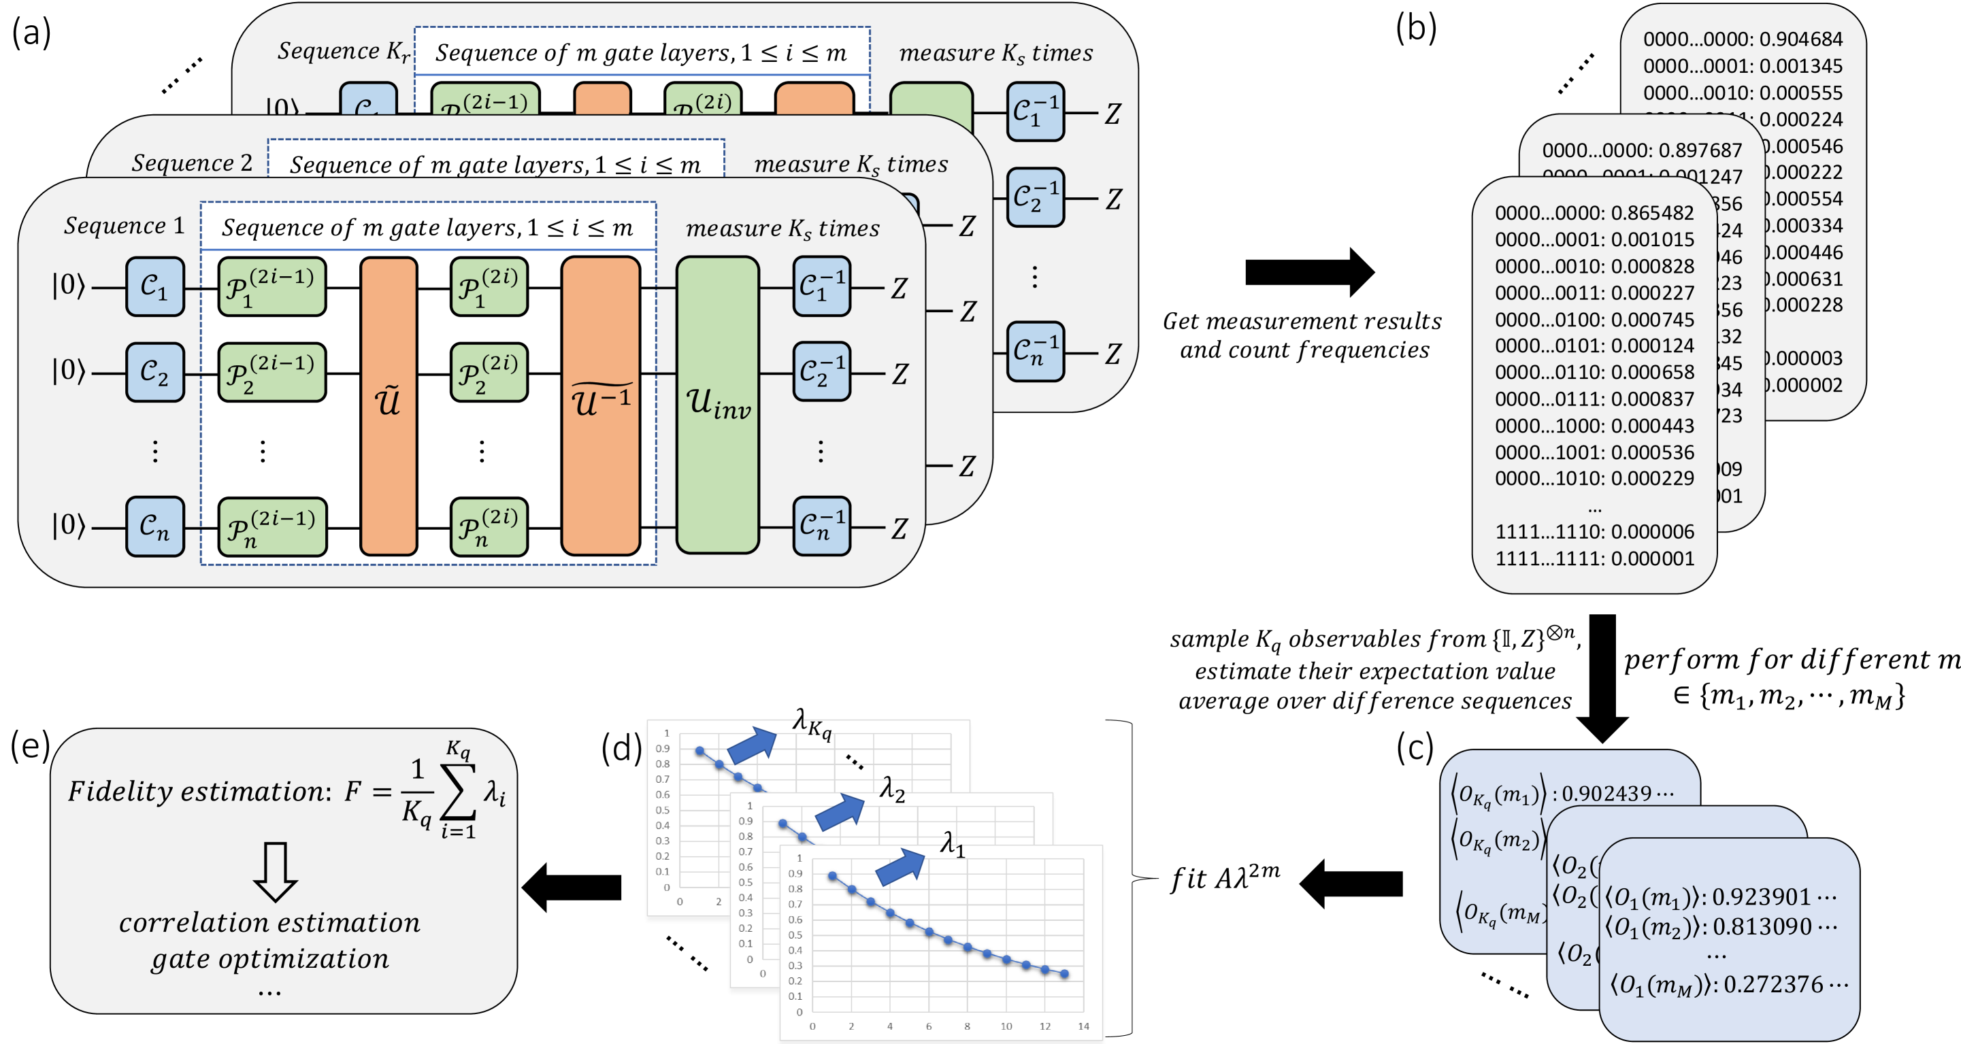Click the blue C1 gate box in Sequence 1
(x=154, y=287)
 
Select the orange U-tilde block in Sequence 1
(x=389, y=405)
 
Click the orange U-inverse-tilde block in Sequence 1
(x=601, y=405)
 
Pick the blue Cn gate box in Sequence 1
(x=154, y=526)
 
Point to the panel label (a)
(x=31, y=33)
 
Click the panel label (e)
(x=29, y=745)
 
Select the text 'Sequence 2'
(x=192, y=163)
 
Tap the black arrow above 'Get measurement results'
(x=1309, y=271)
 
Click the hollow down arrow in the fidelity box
(x=275, y=871)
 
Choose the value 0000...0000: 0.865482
(x=1594, y=213)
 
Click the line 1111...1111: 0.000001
(x=1594, y=558)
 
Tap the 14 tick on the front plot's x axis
(x=1083, y=1026)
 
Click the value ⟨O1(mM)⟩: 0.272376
(x=1728, y=986)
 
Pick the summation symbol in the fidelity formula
(x=459, y=792)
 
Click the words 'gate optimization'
(x=270, y=959)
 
